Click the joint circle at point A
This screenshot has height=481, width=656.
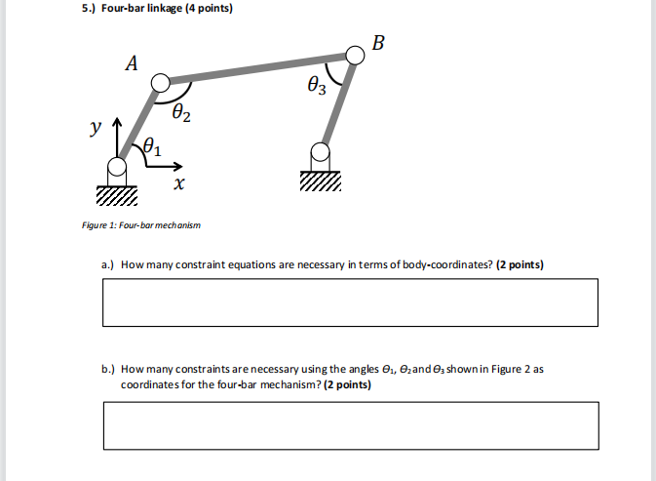point(161,84)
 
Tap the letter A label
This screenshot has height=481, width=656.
point(132,63)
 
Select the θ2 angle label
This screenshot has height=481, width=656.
point(181,115)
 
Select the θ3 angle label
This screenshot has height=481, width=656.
point(318,88)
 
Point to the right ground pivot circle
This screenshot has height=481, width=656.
point(321,151)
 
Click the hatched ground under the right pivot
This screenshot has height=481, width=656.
point(321,182)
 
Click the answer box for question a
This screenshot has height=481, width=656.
point(349,302)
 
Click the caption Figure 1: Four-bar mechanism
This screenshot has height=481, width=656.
point(141,225)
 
